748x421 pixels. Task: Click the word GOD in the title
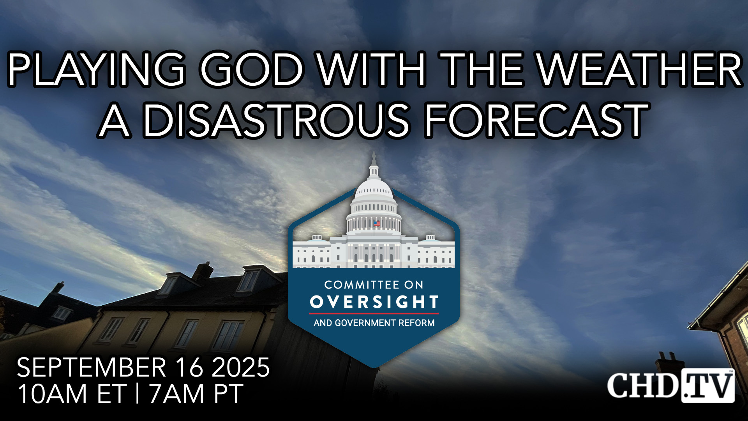[x=252, y=69]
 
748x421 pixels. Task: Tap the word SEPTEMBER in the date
[x=92, y=367]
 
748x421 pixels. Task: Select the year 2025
[x=240, y=367]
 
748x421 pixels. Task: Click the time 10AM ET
[x=72, y=394]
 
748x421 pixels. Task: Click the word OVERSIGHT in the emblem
[x=374, y=302]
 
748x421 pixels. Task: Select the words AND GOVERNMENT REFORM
[x=374, y=323]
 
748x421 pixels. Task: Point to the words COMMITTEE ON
[x=374, y=285]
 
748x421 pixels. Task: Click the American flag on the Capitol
[x=377, y=224]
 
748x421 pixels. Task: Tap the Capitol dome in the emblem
[x=374, y=195]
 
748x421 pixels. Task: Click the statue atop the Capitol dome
[x=374, y=158]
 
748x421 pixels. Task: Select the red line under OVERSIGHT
[x=374, y=313]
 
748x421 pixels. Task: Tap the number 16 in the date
[x=189, y=367]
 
